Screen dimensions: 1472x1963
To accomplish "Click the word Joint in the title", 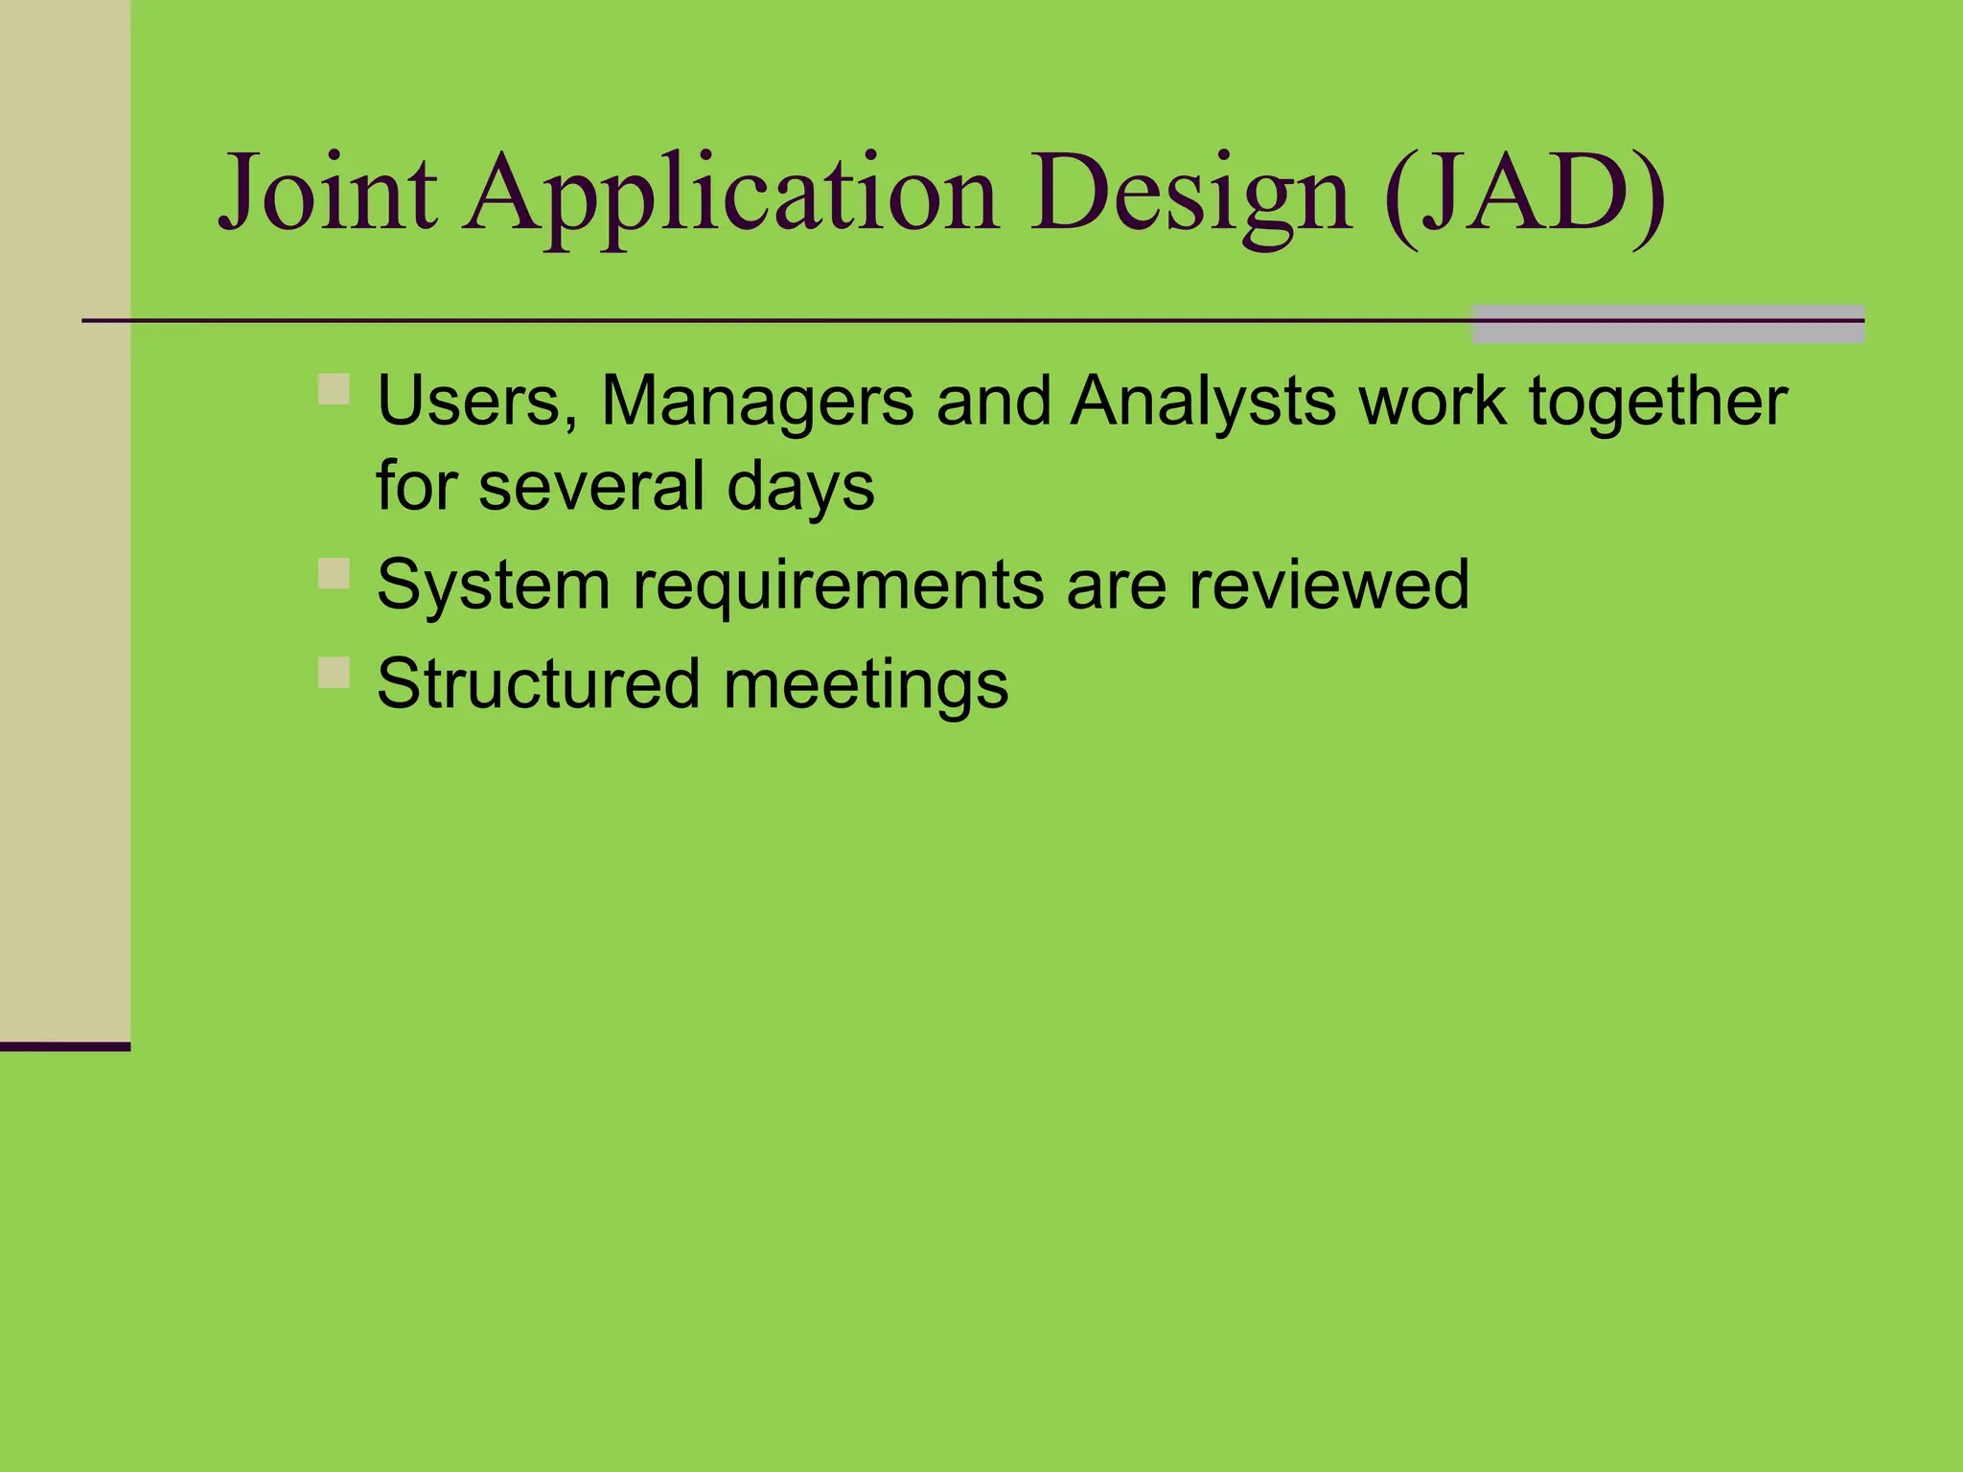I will point(328,195).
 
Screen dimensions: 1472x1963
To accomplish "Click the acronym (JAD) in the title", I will point(1524,195).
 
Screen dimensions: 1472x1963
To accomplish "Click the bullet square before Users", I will point(334,390).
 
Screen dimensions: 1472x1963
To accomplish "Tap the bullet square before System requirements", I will point(334,573).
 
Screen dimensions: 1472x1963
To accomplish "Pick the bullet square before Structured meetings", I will point(334,672).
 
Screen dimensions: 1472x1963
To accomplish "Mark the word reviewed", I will point(1328,585).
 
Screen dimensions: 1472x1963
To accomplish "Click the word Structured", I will point(539,684).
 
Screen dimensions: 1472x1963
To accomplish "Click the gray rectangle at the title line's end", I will point(1667,324).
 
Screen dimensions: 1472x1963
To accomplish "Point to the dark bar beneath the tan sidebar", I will point(64,1046).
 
